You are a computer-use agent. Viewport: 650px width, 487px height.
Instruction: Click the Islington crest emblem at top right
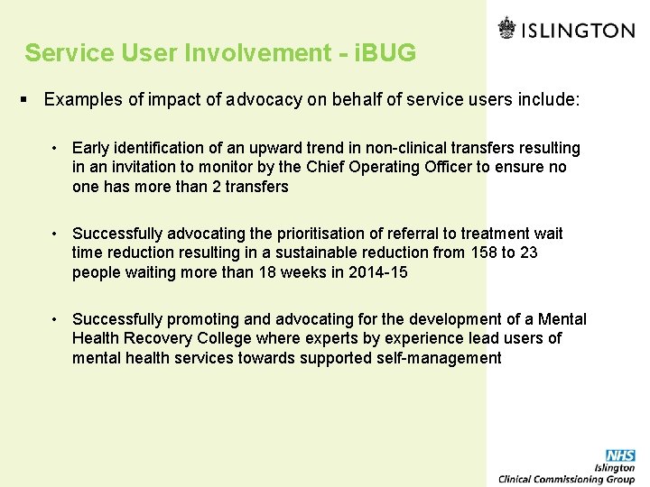coord(507,29)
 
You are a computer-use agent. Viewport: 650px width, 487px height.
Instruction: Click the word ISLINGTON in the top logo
coord(579,31)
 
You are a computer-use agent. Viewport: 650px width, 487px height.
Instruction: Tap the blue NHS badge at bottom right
coord(620,456)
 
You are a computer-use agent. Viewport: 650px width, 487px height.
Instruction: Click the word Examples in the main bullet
coord(84,99)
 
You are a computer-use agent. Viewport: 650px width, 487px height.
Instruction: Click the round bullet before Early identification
coord(55,148)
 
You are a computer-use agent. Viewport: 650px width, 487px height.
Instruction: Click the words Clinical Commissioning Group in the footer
coord(566,479)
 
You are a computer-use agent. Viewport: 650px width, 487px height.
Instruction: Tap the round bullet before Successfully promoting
coord(55,319)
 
